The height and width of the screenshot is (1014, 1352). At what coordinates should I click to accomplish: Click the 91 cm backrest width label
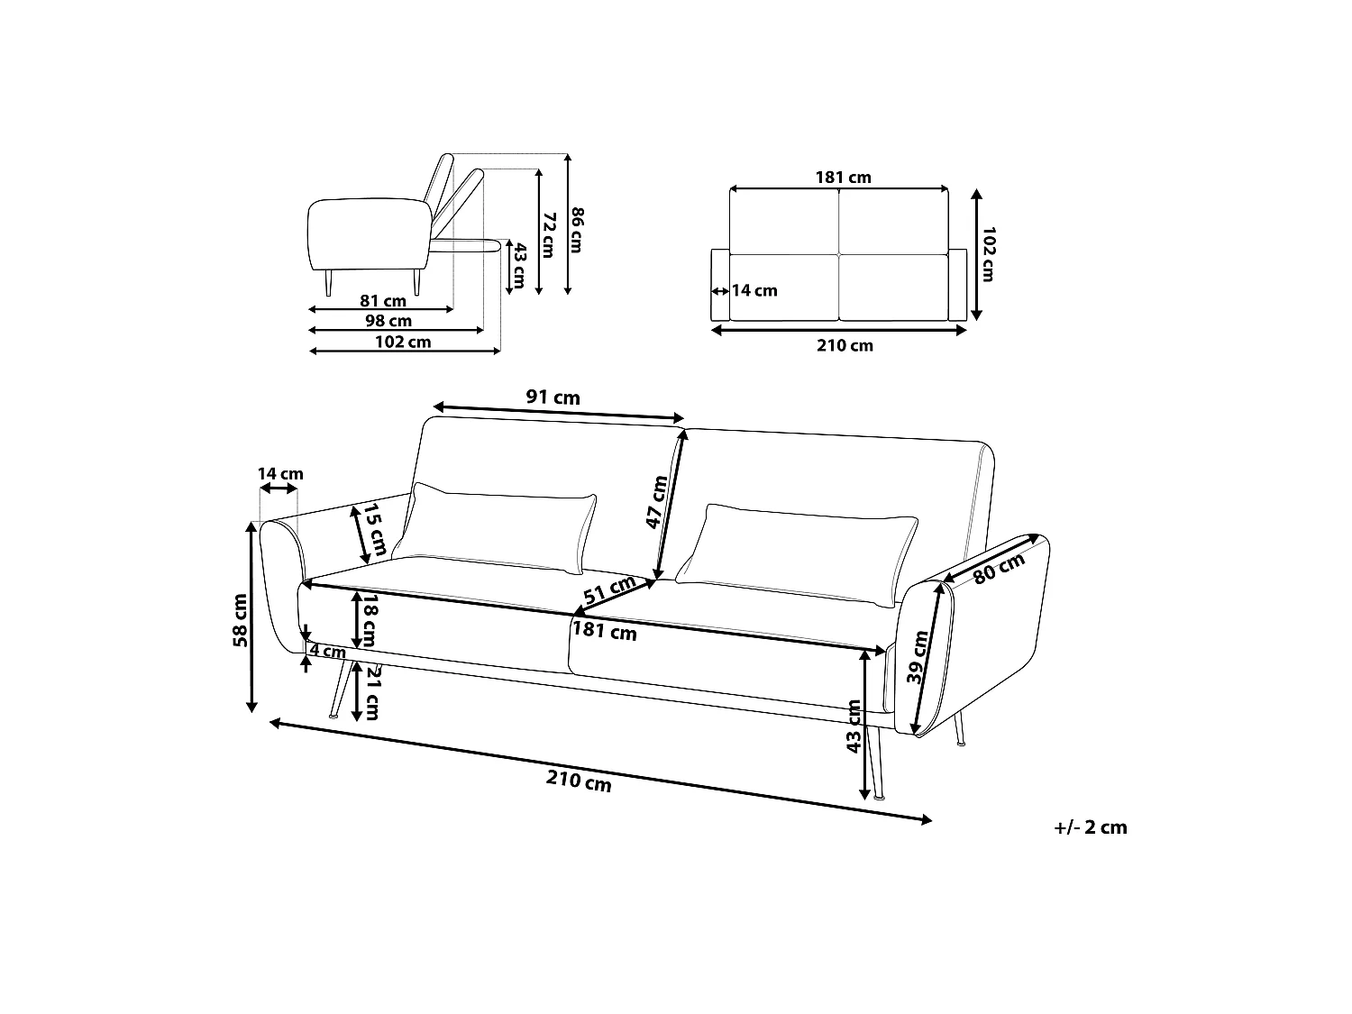click(553, 397)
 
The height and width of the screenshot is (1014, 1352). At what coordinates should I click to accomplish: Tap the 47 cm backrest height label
click(656, 502)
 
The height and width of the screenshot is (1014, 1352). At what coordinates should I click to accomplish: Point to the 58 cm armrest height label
click(240, 620)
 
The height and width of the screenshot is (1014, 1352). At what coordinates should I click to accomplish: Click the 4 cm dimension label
click(328, 651)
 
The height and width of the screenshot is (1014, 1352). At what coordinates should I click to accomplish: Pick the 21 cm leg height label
click(372, 692)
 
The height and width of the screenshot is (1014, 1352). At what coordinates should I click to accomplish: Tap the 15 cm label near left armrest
click(374, 529)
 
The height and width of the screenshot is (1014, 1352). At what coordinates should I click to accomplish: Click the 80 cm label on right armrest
click(999, 568)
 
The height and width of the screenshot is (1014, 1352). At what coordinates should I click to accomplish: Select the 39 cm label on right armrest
click(918, 657)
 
